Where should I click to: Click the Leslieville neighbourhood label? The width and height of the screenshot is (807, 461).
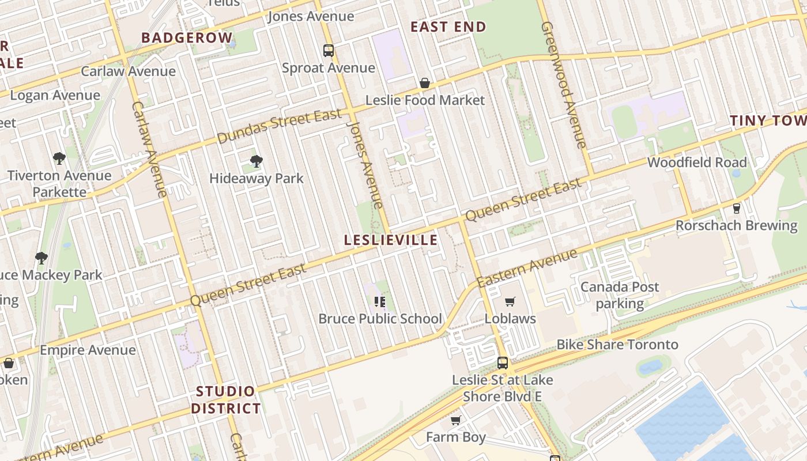391,240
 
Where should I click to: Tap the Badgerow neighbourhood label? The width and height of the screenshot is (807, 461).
187,38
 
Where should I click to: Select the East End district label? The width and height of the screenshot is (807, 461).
448,27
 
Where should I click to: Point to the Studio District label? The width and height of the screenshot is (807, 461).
225,400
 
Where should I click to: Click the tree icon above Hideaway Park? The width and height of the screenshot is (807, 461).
256,161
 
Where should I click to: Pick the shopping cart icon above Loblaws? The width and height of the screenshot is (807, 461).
510,301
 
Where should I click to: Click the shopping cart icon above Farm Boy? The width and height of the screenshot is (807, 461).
455,420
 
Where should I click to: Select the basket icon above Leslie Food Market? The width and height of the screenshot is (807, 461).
425,83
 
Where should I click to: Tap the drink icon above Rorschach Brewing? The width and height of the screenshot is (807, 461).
736,208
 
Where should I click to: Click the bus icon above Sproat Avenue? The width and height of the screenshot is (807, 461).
328,51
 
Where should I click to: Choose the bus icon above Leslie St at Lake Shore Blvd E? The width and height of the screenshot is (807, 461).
503,362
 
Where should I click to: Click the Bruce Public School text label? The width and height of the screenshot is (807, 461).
380,319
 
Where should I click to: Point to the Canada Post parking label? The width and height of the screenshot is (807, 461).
620,295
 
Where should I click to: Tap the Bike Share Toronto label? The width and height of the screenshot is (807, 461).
617,345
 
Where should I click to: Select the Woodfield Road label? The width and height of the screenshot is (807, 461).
697,163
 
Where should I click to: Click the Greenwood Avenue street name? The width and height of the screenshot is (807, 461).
563,85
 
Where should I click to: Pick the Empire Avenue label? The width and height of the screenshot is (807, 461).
88,350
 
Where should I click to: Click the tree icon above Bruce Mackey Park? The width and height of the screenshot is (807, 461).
42,258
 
